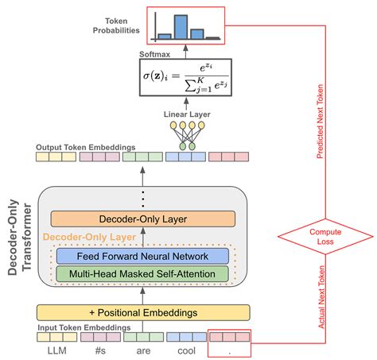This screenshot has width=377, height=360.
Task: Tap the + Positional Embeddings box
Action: pyautogui.click(x=142, y=312)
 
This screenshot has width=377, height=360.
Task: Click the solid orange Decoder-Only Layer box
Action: pyautogui.click(x=142, y=219)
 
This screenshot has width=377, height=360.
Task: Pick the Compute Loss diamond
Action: pyautogui.click(x=325, y=236)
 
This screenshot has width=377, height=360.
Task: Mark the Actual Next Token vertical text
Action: pyautogui.click(x=320, y=297)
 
